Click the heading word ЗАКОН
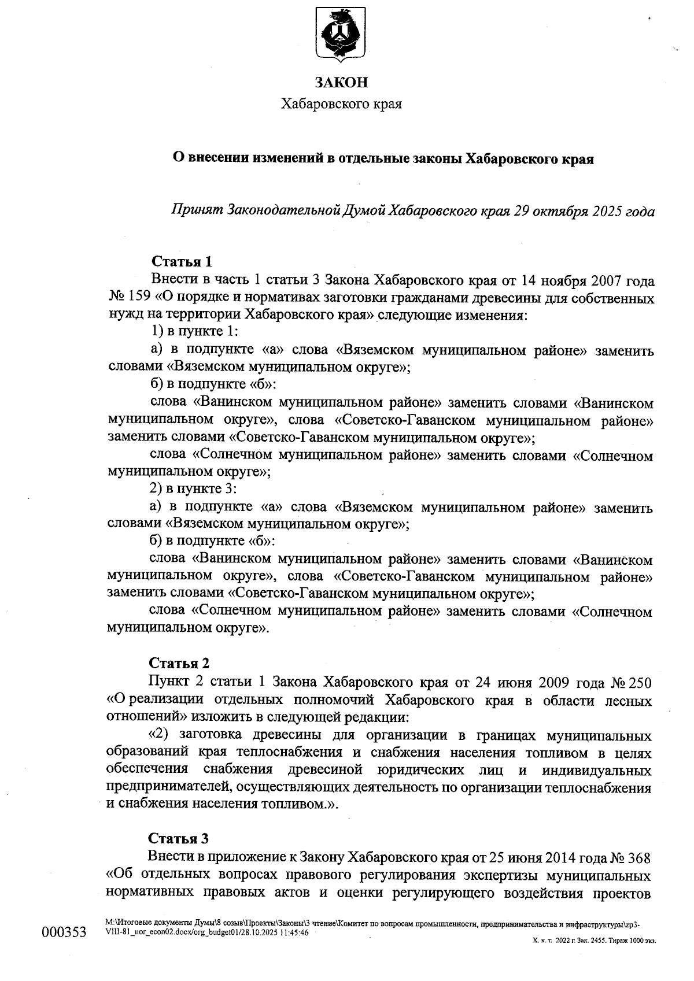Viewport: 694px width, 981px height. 341,83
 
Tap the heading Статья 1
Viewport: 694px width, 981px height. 178,262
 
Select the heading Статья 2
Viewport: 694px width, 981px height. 179,662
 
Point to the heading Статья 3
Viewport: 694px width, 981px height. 178,838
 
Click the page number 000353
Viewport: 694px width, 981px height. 64,933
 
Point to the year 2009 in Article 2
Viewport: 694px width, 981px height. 559,683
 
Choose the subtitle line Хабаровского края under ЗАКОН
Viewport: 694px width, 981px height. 341,104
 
